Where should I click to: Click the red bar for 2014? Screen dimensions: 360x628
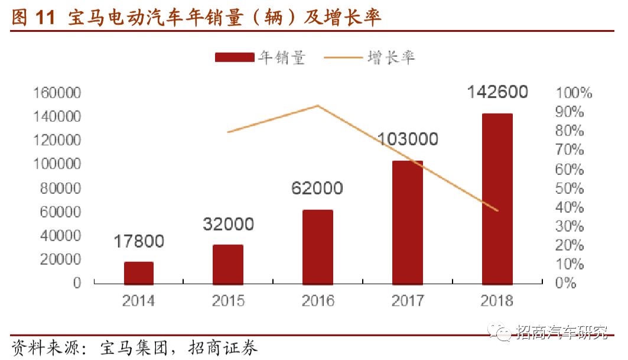138,273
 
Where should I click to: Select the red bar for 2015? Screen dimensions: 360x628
228,264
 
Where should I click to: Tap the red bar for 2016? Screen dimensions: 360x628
318,247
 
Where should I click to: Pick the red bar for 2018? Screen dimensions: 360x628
497,199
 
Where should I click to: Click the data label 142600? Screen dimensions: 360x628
497,92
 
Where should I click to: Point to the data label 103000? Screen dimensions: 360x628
408,140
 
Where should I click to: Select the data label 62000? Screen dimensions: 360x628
317,188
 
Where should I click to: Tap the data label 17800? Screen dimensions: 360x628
138,241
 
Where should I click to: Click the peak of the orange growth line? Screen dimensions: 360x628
318,106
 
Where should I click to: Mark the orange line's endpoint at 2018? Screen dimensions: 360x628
497,210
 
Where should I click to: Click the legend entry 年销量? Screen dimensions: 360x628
260,57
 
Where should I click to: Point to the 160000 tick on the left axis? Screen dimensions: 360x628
57,93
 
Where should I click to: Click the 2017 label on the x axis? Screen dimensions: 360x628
408,301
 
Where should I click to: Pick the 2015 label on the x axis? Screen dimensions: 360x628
228,301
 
